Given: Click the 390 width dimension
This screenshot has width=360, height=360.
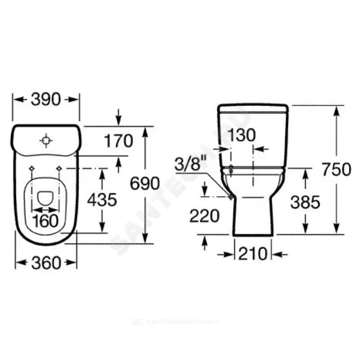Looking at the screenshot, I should click(x=45, y=100).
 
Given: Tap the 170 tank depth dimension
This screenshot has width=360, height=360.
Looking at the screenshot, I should click(x=118, y=141).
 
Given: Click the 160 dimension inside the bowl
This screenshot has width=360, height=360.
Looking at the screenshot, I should click(x=46, y=220).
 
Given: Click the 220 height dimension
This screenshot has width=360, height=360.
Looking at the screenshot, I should click(x=204, y=216).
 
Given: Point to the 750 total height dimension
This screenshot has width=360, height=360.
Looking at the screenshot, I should click(x=335, y=170).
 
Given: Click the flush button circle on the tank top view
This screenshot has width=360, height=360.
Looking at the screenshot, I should click(x=46, y=140).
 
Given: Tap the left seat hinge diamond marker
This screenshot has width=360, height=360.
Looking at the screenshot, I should click(x=31, y=168).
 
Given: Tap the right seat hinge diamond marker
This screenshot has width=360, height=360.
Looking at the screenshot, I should click(x=59, y=168).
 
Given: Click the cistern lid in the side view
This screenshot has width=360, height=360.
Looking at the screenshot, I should click(x=253, y=108).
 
